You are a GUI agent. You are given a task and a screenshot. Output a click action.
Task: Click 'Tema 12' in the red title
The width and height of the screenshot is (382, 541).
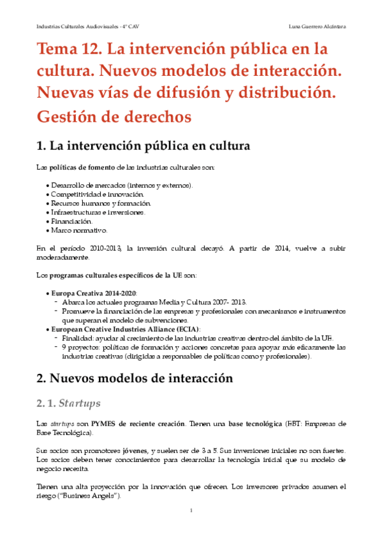click(68, 49)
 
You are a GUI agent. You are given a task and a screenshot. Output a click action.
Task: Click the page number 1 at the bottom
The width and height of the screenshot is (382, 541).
click(191, 510)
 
